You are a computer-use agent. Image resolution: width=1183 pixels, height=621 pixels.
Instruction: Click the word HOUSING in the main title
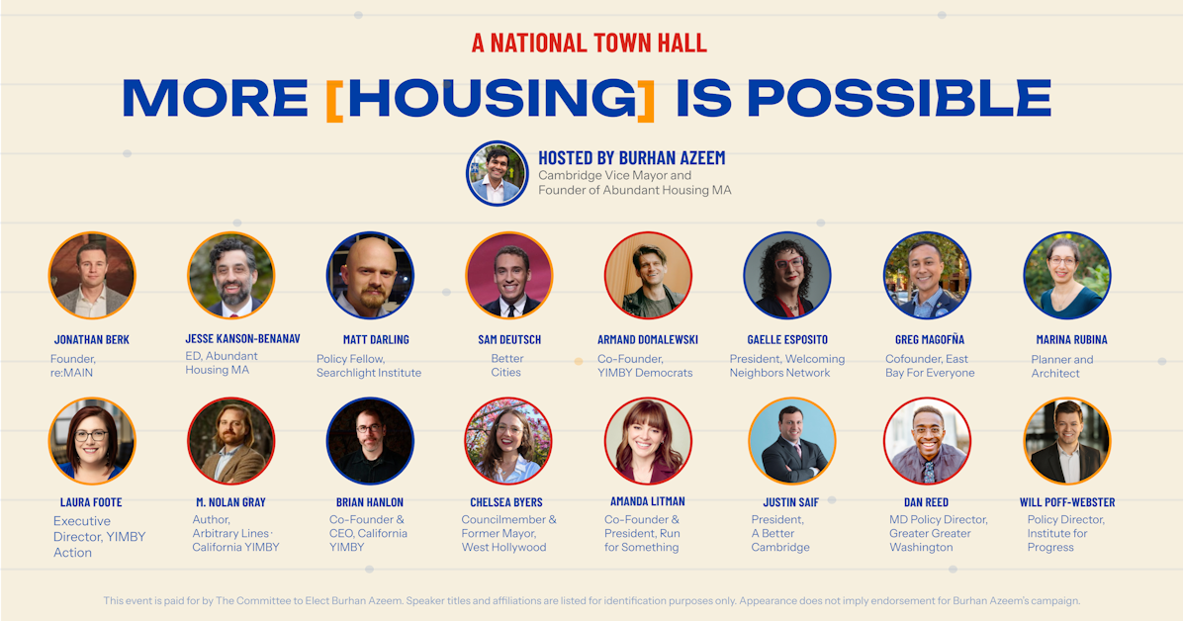[x=493, y=98]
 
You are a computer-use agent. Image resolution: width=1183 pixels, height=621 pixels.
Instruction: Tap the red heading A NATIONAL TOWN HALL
[x=590, y=43]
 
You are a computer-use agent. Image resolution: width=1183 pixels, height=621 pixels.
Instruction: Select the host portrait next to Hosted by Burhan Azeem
[x=498, y=174]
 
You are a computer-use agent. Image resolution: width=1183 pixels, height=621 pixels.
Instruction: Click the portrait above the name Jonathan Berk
[x=92, y=276]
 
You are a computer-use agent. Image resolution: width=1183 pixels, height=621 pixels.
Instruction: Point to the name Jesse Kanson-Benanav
[x=243, y=339]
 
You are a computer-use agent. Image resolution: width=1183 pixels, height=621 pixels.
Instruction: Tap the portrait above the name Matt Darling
[x=371, y=276]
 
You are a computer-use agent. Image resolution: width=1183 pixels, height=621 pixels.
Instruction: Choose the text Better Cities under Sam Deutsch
[x=506, y=365]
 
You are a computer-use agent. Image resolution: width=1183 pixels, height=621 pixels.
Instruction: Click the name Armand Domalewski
[x=648, y=339]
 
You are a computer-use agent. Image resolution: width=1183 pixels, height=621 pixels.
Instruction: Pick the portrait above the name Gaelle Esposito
[x=787, y=276]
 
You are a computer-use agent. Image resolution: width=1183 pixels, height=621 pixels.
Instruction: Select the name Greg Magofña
[x=930, y=339]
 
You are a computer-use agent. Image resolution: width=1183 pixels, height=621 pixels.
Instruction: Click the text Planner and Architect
[x=1062, y=366]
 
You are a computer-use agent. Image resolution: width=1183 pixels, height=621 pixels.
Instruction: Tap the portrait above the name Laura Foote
[x=92, y=441]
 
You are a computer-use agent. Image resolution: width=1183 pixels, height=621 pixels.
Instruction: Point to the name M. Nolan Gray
[x=230, y=501]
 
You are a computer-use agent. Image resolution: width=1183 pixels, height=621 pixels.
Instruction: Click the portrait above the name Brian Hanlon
[x=371, y=441]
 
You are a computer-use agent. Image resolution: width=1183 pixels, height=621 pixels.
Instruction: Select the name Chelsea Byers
[x=506, y=501]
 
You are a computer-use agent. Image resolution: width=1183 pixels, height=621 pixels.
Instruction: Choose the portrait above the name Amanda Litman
[x=648, y=441]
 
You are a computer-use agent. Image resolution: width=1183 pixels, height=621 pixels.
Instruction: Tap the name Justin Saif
[x=790, y=501]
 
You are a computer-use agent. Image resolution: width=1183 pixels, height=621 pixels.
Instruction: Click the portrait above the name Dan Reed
[x=927, y=441]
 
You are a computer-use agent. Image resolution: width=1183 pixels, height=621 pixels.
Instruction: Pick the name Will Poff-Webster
[x=1067, y=501]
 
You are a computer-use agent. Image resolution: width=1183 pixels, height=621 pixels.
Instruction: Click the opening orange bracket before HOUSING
[x=334, y=100]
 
